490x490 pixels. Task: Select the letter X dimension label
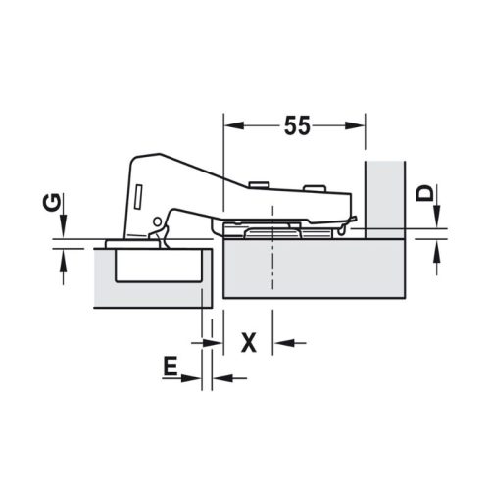(x=249, y=342)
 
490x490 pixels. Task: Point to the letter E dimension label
(x=170, y=367)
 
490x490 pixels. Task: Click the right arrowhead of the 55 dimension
(x=359, y=125)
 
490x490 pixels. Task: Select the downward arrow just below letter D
(x=434, y=220)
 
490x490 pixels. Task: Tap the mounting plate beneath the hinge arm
(x=284, y=230)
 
